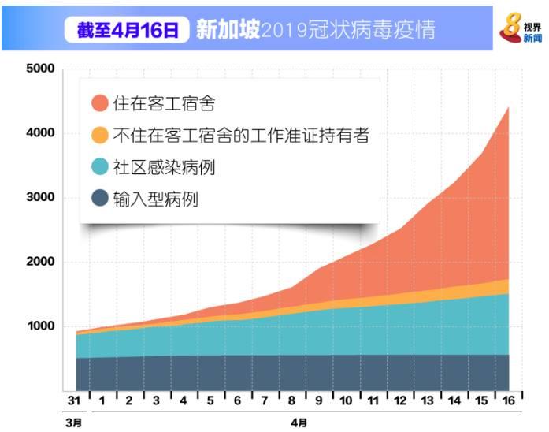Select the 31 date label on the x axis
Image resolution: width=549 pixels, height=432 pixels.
point(73,401)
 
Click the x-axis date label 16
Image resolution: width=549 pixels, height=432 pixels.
point(509,401)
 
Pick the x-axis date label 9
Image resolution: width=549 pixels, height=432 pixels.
point(318,401)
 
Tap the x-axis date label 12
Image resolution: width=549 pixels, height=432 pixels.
point(400,401)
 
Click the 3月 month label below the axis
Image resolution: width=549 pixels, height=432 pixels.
point(73,423)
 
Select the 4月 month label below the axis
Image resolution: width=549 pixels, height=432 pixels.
point(299,423)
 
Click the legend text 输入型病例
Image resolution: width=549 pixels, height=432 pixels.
point(156,199)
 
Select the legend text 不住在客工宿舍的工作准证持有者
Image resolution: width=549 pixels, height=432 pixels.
point(241,136)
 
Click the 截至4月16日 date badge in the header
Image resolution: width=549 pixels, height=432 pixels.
point(128,31)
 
